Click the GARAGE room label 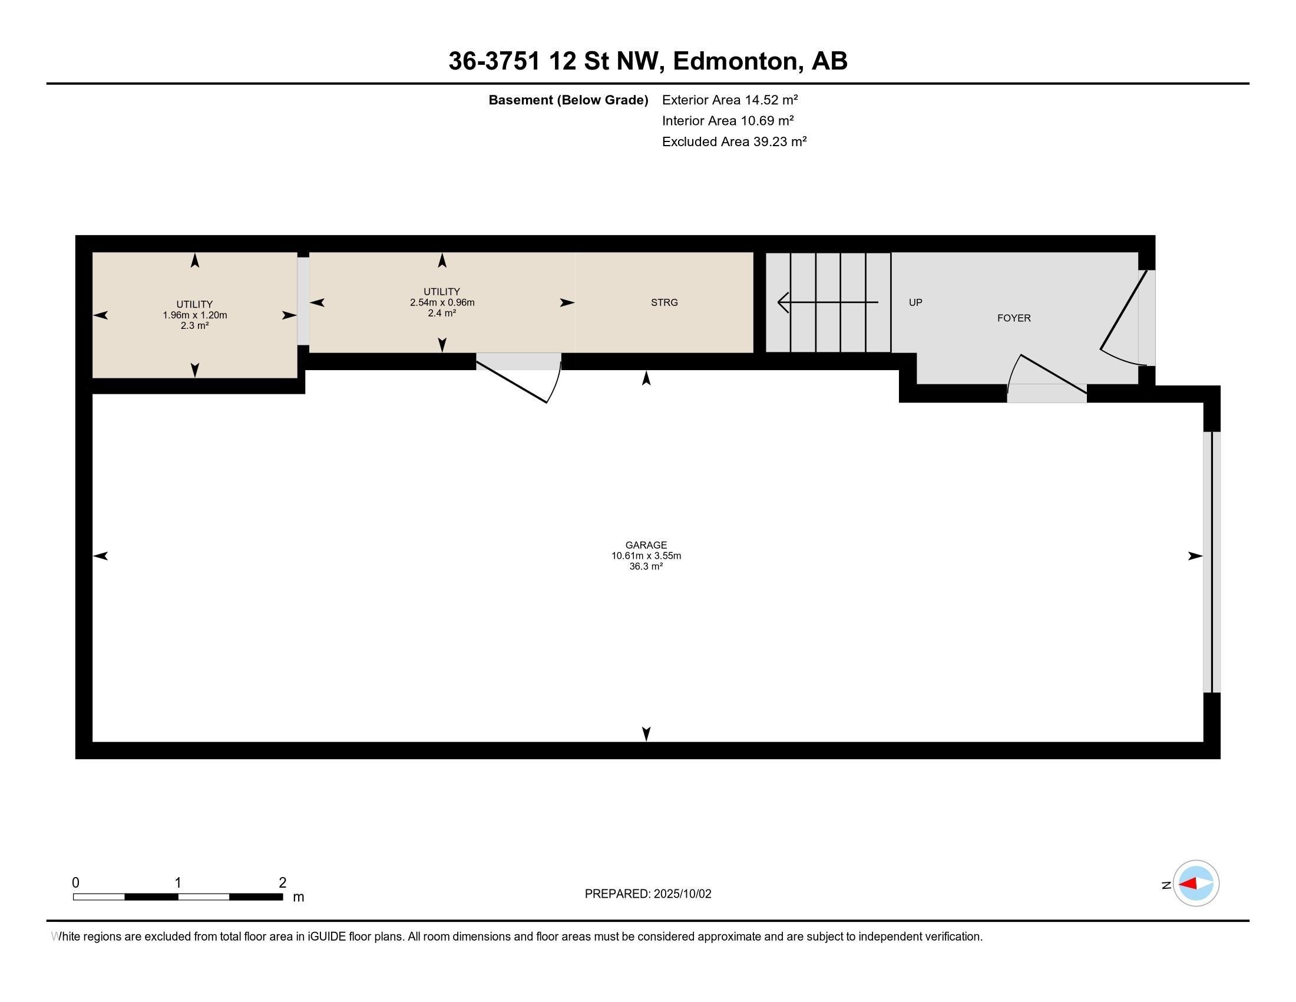click(x=646, y=545)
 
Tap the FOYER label click(x=1014, y=318)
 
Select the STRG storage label click(x=664, y=302)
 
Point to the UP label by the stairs click(x=915, y=302)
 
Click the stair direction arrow click(x=827, y=302)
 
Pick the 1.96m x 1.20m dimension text click(x=194, y=315)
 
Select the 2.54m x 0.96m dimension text click(x=441, y=302)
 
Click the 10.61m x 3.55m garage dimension click(x=646, y=556)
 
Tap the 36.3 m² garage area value click(x=646, y=566)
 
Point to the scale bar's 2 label click(x=282, y=883)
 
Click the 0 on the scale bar click(x=75, y=883)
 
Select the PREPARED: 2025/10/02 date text click(x=647, y=894)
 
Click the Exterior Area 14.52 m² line click(x=729, y=100)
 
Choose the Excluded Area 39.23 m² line click(x=734, y=141)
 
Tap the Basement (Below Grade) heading click(x=568, y=100)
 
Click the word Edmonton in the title click(x=735, y=61)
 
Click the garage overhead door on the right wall click(x=1211, y=562)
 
